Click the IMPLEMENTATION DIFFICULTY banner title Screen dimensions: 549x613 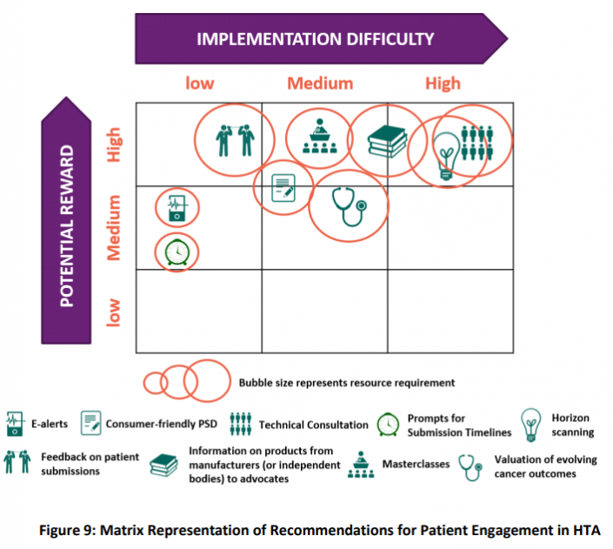click(315, 39)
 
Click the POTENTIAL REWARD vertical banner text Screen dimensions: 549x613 click(68, 224)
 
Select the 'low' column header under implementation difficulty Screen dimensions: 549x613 click(199, 84)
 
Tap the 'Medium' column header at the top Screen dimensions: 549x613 click(320, 84)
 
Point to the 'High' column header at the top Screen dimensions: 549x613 click(443, 84)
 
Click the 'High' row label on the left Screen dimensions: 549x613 click(115, 144)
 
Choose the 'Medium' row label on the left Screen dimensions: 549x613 click(115, 227)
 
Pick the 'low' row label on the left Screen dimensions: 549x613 click(115, 311)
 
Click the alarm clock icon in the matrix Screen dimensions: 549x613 click(177, 251)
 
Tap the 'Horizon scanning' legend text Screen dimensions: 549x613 click(572, 425)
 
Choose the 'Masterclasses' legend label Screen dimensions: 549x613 click(416, 464)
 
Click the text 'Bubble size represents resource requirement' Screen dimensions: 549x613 click(346, 382)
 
